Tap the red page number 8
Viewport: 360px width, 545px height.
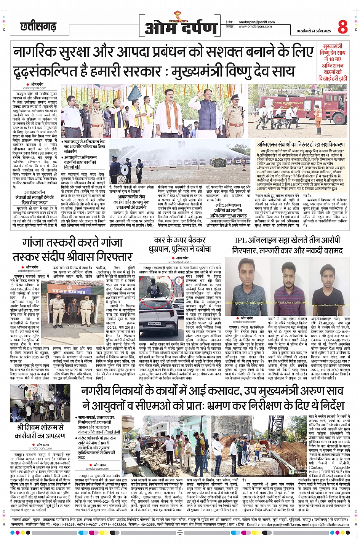pyautogui.click(x=342, y=27)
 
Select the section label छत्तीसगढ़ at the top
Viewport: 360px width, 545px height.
pyautogui.click(x=38, y=27)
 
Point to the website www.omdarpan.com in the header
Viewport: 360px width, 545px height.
pyautogui.click(x=255, y=27)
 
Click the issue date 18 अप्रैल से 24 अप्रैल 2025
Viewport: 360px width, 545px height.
pyautogui.click(x=314, y=31)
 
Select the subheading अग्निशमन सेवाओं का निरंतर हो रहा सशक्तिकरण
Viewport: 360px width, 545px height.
pyautogui.click(x=301, y=145)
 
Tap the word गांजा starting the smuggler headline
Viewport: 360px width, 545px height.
pyautogui.click(x=35, y=243)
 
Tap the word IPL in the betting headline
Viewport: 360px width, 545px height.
pyautogui.click(x=240, y=240)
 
